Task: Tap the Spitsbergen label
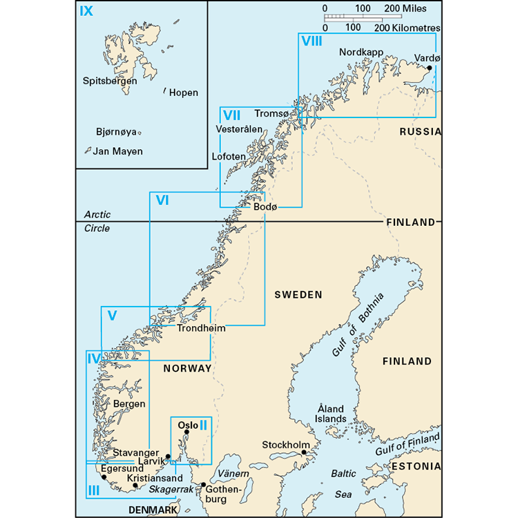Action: click(109, 81)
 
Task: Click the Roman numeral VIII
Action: click(311, 41)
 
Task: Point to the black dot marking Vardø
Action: click(430, 68)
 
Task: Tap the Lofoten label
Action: click(228, 157)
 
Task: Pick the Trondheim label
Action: click(201, 329)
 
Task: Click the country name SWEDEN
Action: click(298, 295)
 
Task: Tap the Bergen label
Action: click(130, 404)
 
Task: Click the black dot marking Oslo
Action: click(186, 432)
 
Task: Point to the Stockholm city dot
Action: click(304, 453)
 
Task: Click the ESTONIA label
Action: click(416, 467)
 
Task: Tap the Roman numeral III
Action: click(94, 490)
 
